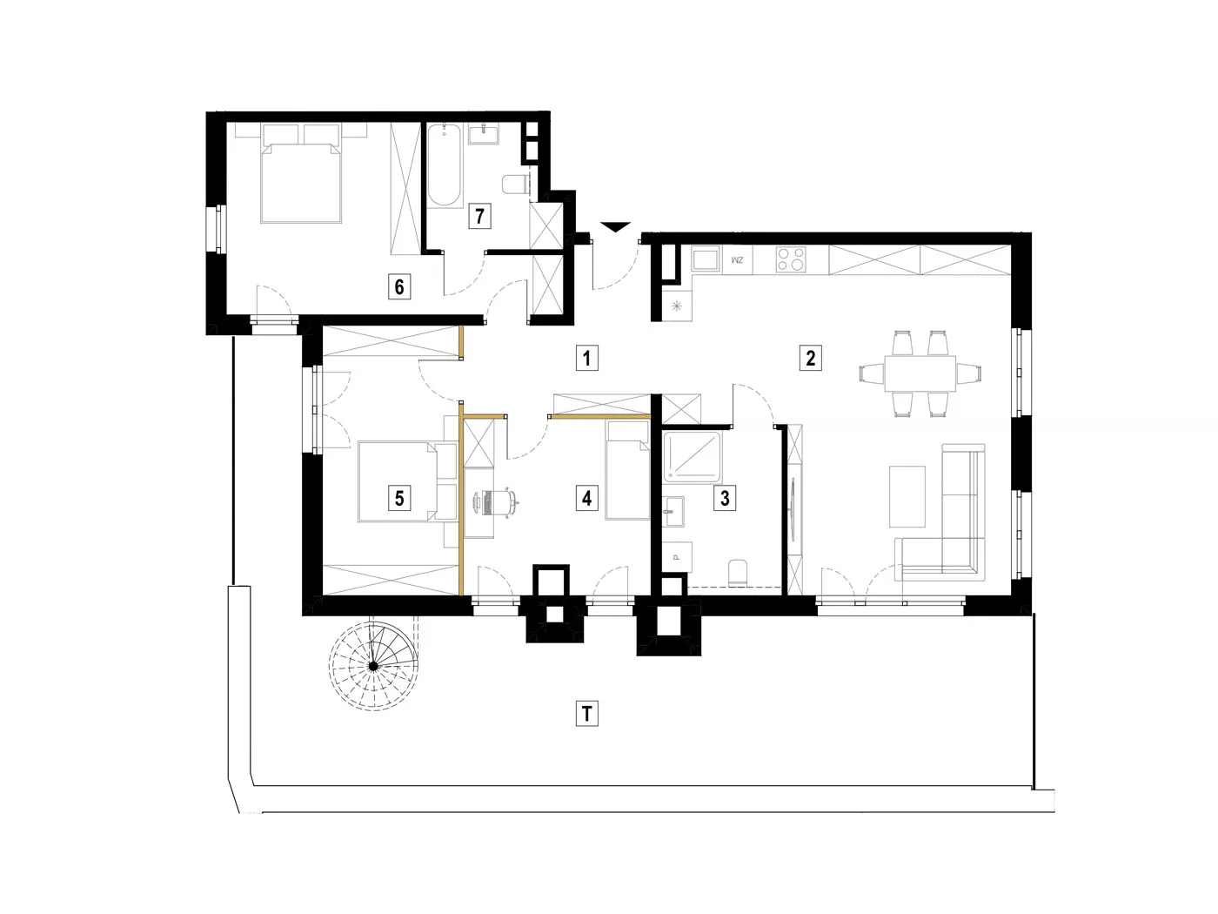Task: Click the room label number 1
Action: point(586,358)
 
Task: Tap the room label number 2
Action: point(810,358)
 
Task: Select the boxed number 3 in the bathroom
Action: point(724,498)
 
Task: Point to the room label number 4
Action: point(586,498)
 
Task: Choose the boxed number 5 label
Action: point(399,498)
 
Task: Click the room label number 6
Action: point(399,287)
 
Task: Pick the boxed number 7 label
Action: point(479,215)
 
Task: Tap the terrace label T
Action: point(586,713)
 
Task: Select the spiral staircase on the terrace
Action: point(373,665)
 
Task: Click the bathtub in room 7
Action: point(445,165)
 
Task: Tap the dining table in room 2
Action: point(920,373)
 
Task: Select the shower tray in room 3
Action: point(693,457)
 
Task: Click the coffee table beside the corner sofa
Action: point(907,496)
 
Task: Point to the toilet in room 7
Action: point(513,185)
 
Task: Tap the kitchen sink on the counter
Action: point(706,259)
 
